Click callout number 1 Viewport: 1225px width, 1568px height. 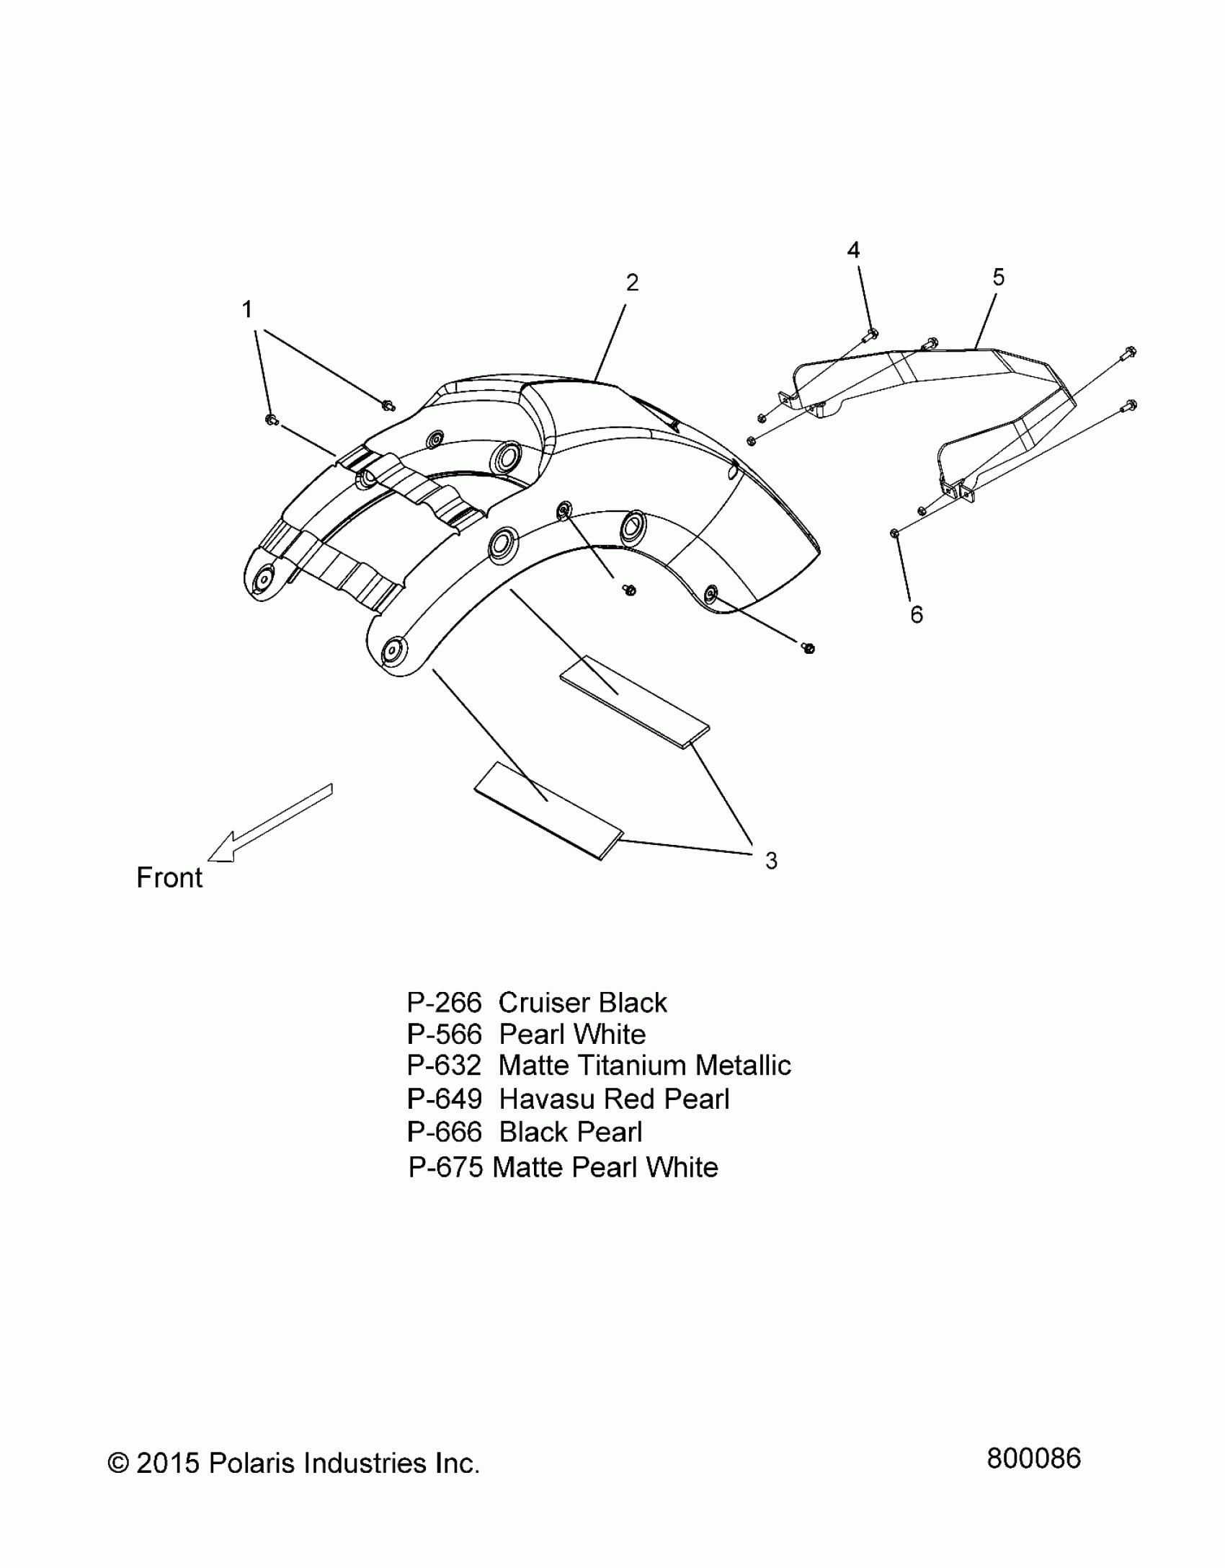pos(247,310)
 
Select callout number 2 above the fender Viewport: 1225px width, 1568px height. pos(632,283)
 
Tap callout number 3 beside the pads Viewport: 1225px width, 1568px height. pos(771,860)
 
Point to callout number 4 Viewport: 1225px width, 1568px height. pos(853,250)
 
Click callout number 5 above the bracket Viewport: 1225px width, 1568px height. pos(998,277)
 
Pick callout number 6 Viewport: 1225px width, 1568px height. pos(917,614)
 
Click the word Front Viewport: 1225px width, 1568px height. pos(169,877)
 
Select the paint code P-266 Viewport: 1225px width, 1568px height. pos(444,1003)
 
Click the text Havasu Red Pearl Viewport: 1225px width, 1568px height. pos(614,1099)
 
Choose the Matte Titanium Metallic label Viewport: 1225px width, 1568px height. pos(645,1066)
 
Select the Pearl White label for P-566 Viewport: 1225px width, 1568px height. pos(572,1035)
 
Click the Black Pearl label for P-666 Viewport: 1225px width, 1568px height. pos(570,1133)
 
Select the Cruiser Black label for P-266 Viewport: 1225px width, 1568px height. pos(582,1003)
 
